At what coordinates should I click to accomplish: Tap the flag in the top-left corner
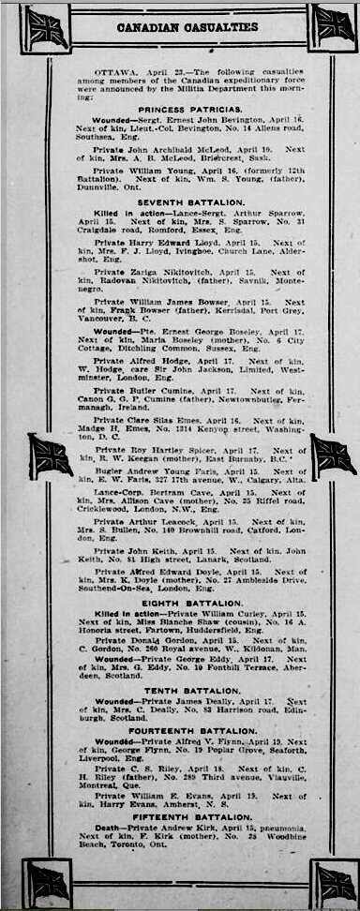pyautogui.click(x=46, y=27)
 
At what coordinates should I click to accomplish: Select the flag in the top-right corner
pyautogui.click(x=333, y=25)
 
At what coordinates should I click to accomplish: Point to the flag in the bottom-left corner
pyautogui.click(x=48, y=882)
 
